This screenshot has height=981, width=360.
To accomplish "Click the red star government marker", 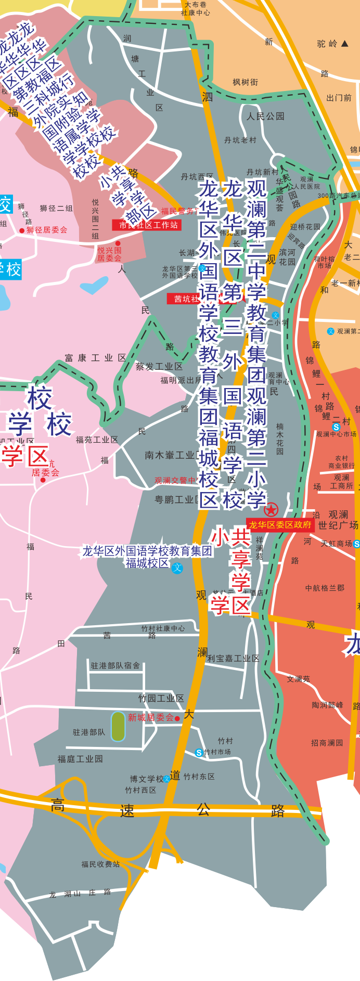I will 271,510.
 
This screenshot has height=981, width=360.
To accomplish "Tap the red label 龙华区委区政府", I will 280,525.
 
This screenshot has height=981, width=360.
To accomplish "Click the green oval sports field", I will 118,727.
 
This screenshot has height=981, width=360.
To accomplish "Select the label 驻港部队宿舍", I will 115,665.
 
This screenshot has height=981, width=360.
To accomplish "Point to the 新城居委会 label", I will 151,718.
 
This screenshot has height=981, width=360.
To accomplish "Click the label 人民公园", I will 265,116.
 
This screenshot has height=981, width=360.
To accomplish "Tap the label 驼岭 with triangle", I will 332,44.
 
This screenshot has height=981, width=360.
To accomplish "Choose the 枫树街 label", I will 246,82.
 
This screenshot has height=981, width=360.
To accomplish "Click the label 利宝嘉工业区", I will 233,659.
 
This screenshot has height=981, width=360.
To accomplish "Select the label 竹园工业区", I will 161,699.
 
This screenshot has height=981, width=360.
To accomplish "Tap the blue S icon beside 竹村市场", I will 199,753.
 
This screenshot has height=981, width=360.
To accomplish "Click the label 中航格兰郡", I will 325,588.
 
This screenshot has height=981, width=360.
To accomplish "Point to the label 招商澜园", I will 327,743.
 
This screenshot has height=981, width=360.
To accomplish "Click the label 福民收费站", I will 100,864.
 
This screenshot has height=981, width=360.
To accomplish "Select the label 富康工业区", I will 96,358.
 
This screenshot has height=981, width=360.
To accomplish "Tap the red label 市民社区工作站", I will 148,225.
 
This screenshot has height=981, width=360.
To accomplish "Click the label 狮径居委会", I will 47,230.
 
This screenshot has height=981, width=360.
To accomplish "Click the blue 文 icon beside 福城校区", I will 177,567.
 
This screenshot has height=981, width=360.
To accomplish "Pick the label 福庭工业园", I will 80,759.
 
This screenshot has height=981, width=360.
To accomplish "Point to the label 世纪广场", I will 338,525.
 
